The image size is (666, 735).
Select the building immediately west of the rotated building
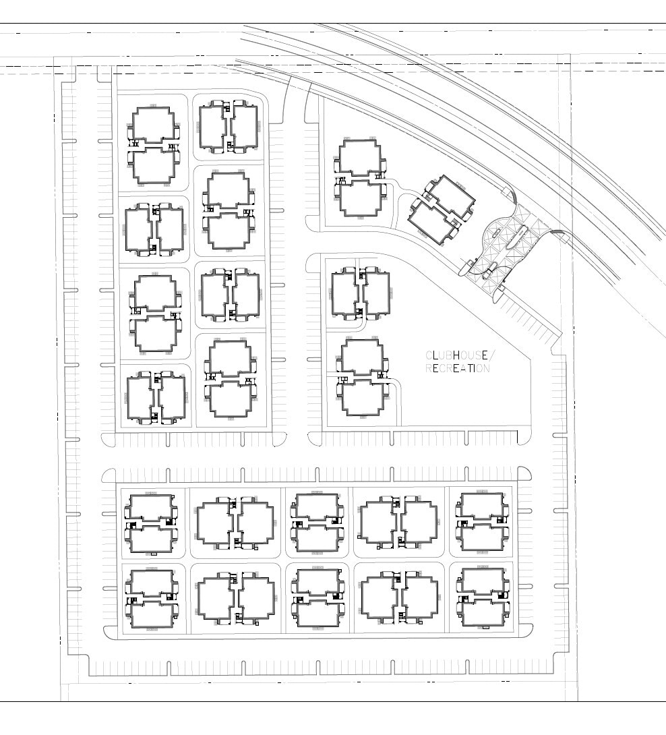click(x=363, y=178)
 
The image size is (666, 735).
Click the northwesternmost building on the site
click(x=155, y=144)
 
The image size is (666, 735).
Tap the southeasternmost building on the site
click(x=483, y=597)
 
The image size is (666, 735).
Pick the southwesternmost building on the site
click(x=152, y=598)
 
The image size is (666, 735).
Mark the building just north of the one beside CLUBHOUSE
click(x=361, y=293)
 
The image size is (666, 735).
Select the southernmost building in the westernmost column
click(x=156, y=398)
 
